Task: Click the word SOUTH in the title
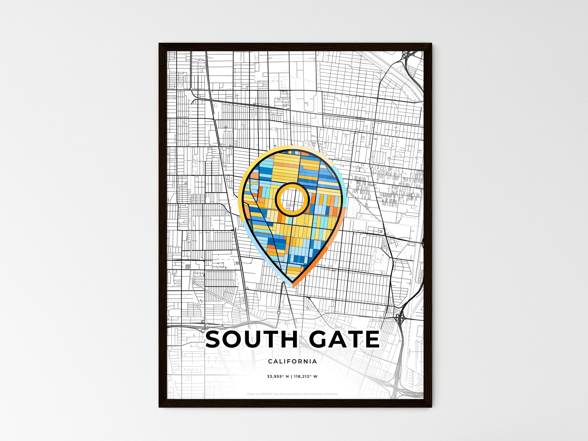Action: coord(251,339)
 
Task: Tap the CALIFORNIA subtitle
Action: coord(292,361)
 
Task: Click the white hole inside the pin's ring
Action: coord(292,199)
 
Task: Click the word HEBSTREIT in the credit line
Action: coord(265,394)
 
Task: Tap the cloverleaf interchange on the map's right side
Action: coord(400,318)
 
